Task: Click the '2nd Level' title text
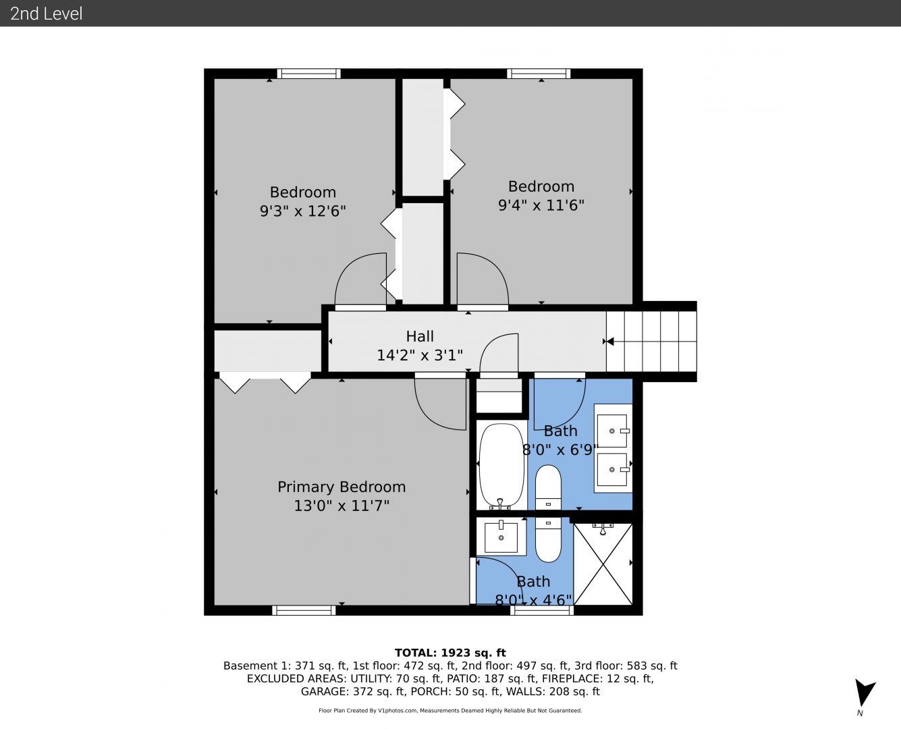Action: tap(46, 13)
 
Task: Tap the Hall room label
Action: tap(420, 336)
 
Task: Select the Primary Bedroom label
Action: tap(342, 487)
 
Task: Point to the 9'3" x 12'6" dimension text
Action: tap(303, 211)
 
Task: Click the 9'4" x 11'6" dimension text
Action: tap(541, 205)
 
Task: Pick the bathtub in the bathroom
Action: tap(501, 465)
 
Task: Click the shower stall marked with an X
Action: tap(603, 564)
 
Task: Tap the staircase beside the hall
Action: tap(651, 341)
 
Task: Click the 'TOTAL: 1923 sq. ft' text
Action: tap(450, 653)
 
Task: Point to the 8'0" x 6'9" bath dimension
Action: tap(560, 450)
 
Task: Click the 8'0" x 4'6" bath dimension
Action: tap(533, 600)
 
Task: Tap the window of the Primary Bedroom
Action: tap(304, 610)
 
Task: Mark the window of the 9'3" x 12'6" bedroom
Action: tap(309, 74)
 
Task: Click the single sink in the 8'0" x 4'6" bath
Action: tap(501, 537)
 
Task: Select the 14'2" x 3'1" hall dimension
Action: tap(420, 355)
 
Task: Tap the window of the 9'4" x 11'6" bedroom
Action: tap(539, 74)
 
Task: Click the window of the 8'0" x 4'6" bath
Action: tap(542, 610)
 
